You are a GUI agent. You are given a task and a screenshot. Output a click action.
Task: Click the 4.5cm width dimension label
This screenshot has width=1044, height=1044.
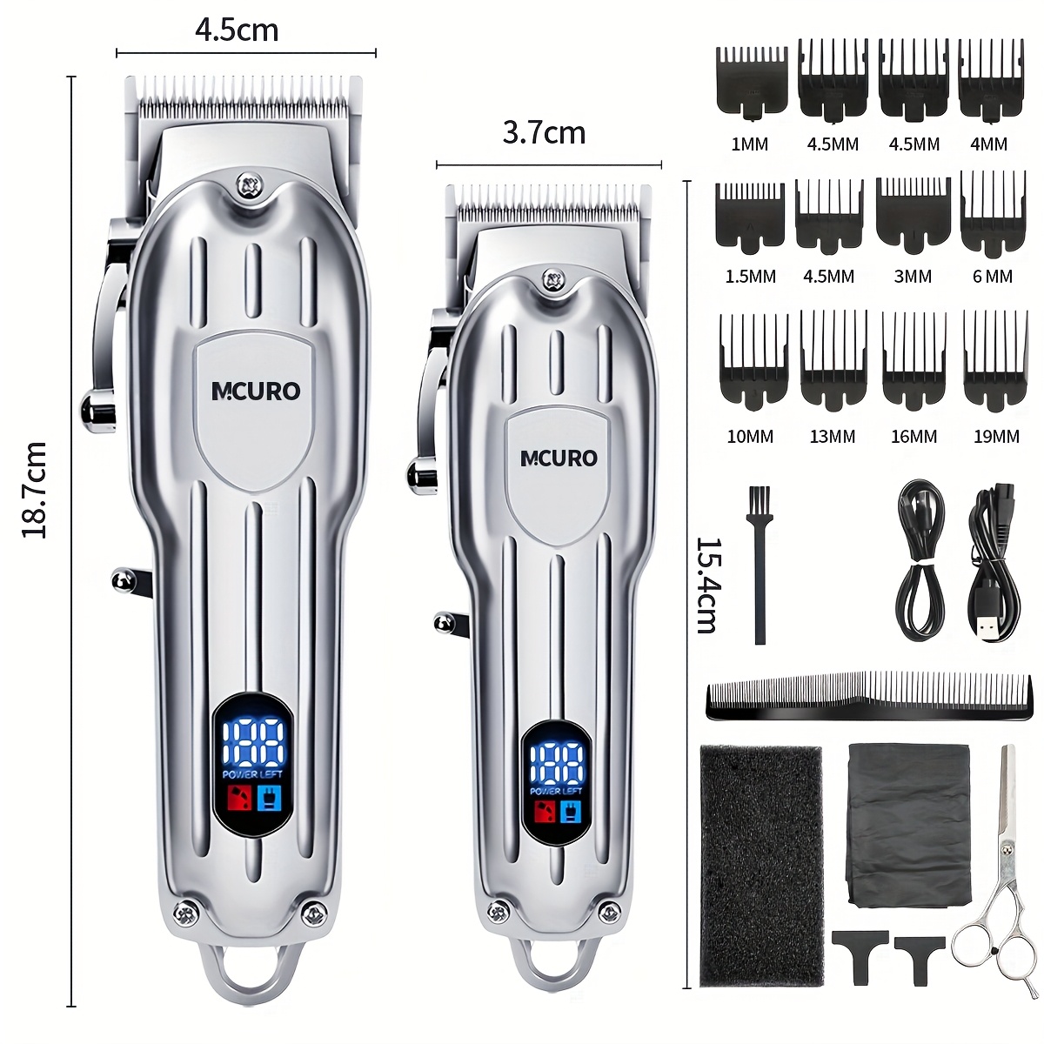pos(237,30)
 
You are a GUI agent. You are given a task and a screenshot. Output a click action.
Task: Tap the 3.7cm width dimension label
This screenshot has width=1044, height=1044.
pos(544,133)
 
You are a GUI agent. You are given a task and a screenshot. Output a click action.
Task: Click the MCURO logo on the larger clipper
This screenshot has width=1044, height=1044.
pos(256,391)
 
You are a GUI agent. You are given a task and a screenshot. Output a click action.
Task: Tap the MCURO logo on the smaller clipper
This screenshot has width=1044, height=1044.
pos(559,458)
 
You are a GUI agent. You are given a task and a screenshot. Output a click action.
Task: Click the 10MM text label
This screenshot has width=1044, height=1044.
pos(750,437)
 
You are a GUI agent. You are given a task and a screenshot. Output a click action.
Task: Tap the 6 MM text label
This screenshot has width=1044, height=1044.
pos(992,277)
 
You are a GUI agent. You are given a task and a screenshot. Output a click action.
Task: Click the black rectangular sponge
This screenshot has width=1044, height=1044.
pos(761,865)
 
